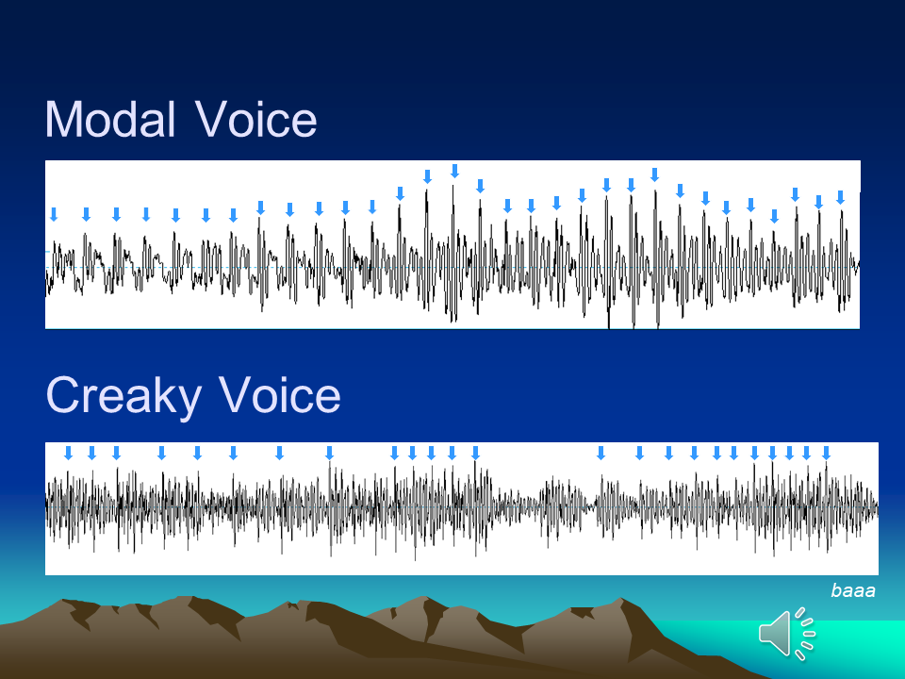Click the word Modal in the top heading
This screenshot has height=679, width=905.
[x=110, y=119]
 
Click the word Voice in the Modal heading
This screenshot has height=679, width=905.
[x=255, y=119]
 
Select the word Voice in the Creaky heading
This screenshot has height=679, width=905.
[x=280, y=394]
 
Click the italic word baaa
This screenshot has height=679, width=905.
[x=853, y=590]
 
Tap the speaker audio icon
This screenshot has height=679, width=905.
[x=786, y=634]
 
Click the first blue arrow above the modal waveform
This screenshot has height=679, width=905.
[x=54, y=215]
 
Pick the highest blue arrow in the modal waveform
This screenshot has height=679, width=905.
[x=454, y=171]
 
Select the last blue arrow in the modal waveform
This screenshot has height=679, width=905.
[x=840, y=197]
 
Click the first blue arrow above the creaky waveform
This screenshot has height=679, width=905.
[x=68, y=453]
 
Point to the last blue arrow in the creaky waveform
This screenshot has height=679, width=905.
[x=826, y=453]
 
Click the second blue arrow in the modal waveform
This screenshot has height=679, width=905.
[x=86, y=215]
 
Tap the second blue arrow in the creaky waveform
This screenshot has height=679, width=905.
[x=91, y=453]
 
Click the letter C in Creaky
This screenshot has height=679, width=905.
[x=62, y=394]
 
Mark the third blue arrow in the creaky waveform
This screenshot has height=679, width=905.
[x=116, y=453]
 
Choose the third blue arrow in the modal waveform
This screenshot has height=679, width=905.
[x=116, y=215]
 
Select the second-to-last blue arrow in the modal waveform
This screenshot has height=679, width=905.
[x=818, y=202]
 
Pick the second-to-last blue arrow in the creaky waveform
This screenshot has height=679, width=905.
[x=806, y=453]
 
